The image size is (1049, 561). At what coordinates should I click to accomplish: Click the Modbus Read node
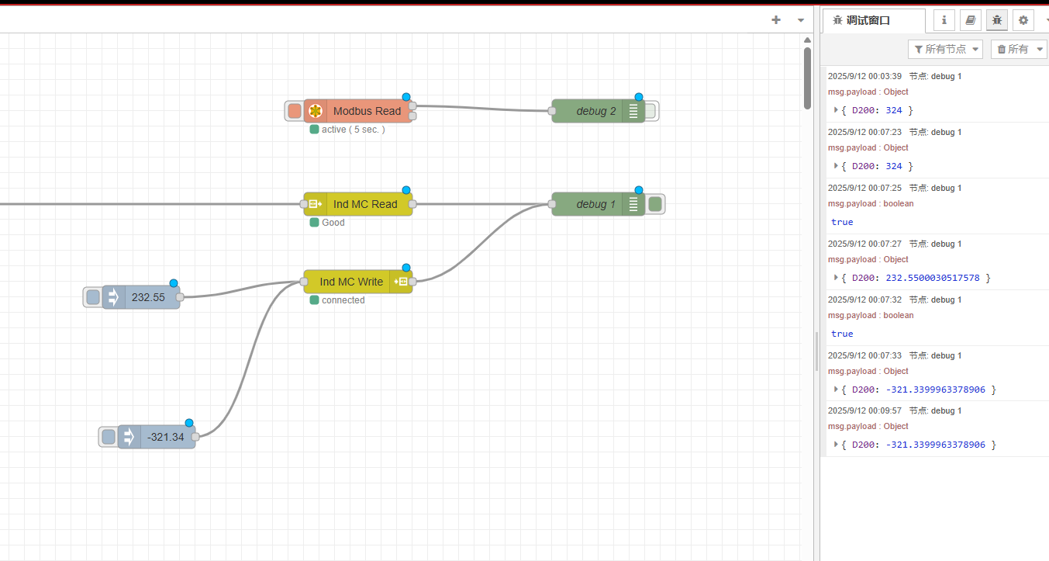tap(358, 111)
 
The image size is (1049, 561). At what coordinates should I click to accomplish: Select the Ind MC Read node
tap(358, 204)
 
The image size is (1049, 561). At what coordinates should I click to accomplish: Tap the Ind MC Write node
tap(358, 282)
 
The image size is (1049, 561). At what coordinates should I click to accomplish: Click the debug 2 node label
tap(595, 111)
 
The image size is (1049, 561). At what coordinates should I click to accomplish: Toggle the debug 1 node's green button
tap(655, 204)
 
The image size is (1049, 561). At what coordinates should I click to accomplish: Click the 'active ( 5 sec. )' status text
tap(353, 130)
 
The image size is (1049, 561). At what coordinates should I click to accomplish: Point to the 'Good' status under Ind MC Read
tap(333, 223)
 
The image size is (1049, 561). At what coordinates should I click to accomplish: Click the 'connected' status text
tap(343, 300)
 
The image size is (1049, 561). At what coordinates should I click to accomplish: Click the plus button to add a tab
tap(776, 19)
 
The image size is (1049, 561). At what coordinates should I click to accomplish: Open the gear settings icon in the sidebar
tap(1023, 20)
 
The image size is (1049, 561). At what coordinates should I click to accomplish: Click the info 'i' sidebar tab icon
tap(944, 20)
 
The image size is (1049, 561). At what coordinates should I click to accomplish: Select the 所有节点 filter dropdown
tap(946, 49)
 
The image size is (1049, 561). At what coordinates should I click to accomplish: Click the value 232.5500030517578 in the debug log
tap(933, 278)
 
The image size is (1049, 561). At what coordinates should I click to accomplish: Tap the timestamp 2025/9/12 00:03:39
tap(864, 76)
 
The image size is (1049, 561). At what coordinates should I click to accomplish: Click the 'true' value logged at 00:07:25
tap(842, 222)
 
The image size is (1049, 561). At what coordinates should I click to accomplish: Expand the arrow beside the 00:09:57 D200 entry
tap(836, 445)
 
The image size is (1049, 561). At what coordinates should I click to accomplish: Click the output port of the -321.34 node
tap(195, 437)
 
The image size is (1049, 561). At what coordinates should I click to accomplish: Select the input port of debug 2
tap(552, 111)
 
